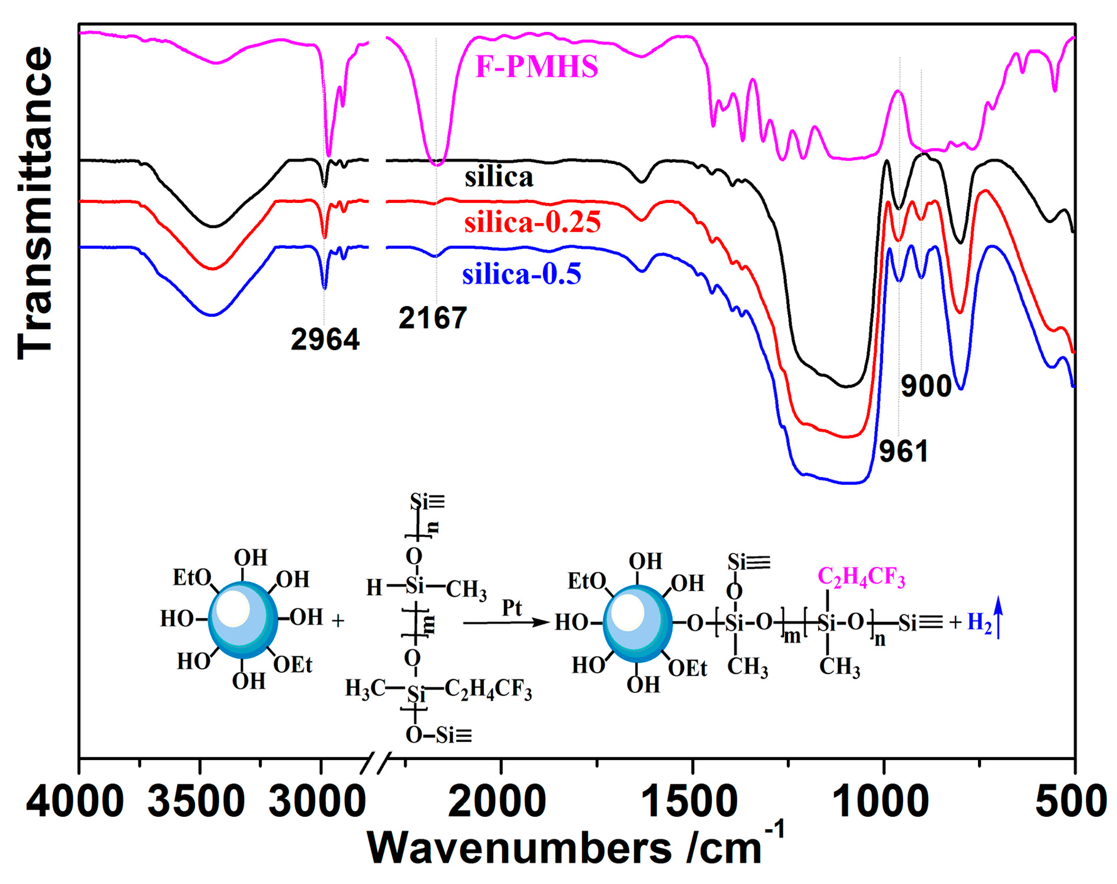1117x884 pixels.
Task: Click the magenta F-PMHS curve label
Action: pos(536,67)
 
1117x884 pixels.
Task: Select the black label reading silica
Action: pos(499,177)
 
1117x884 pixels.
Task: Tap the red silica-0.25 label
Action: pos(532,222)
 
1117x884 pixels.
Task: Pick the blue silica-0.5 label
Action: pos(522,274)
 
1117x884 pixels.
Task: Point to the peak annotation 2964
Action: pos(325,340)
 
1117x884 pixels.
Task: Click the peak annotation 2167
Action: pos(433,318)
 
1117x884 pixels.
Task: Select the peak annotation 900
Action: pos(926,386)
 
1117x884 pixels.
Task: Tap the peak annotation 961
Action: pos(904,451)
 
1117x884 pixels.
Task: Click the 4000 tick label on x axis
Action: pos(75,802)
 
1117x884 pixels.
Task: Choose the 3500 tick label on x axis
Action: pos(196,802)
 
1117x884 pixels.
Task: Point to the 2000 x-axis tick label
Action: pos(496,802)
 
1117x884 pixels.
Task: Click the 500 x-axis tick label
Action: pos(1070,802)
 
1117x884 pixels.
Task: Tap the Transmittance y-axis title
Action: pos(35,203)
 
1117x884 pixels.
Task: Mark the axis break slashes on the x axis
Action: pos(376,763)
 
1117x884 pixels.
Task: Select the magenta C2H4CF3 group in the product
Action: pos(861,577)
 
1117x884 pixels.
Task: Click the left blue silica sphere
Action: pos(242,620)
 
